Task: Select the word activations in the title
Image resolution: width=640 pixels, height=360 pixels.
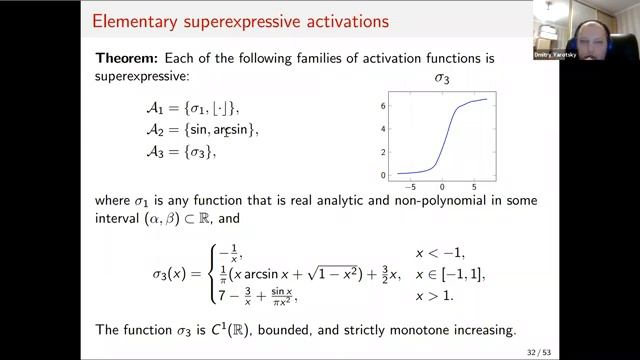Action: tap(324, 20)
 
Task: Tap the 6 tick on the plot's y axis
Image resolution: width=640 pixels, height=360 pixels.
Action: tap(384, 104)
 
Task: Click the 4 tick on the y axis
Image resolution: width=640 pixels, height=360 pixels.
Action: tap(384, 128)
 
